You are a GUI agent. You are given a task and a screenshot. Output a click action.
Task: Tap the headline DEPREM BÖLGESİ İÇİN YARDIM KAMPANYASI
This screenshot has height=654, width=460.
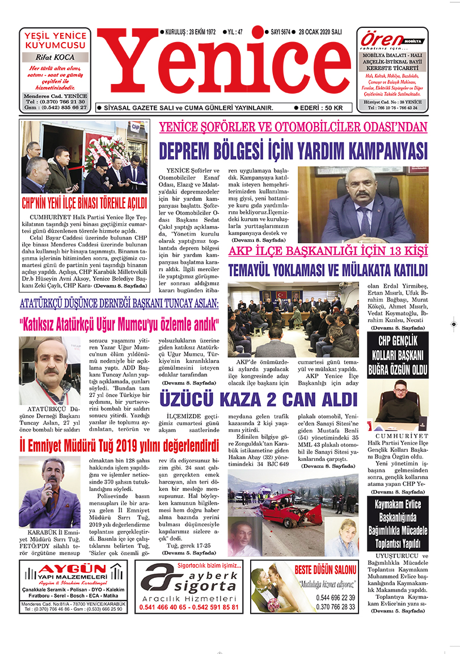(x=293, y=151)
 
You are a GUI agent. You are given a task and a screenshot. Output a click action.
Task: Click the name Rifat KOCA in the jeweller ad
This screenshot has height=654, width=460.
(x=55, y=57)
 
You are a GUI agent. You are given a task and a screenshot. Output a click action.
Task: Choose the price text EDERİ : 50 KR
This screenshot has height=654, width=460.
(x=321, y=107)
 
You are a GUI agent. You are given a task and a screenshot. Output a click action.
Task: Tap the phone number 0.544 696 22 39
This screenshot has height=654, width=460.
(x=336, y=597)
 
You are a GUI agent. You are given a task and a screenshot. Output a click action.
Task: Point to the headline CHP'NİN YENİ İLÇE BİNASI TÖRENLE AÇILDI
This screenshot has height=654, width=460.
(x=84, y=203)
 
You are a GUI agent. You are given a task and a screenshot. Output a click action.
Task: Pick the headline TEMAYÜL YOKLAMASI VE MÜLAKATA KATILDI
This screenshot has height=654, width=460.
(x=328, y=269)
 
